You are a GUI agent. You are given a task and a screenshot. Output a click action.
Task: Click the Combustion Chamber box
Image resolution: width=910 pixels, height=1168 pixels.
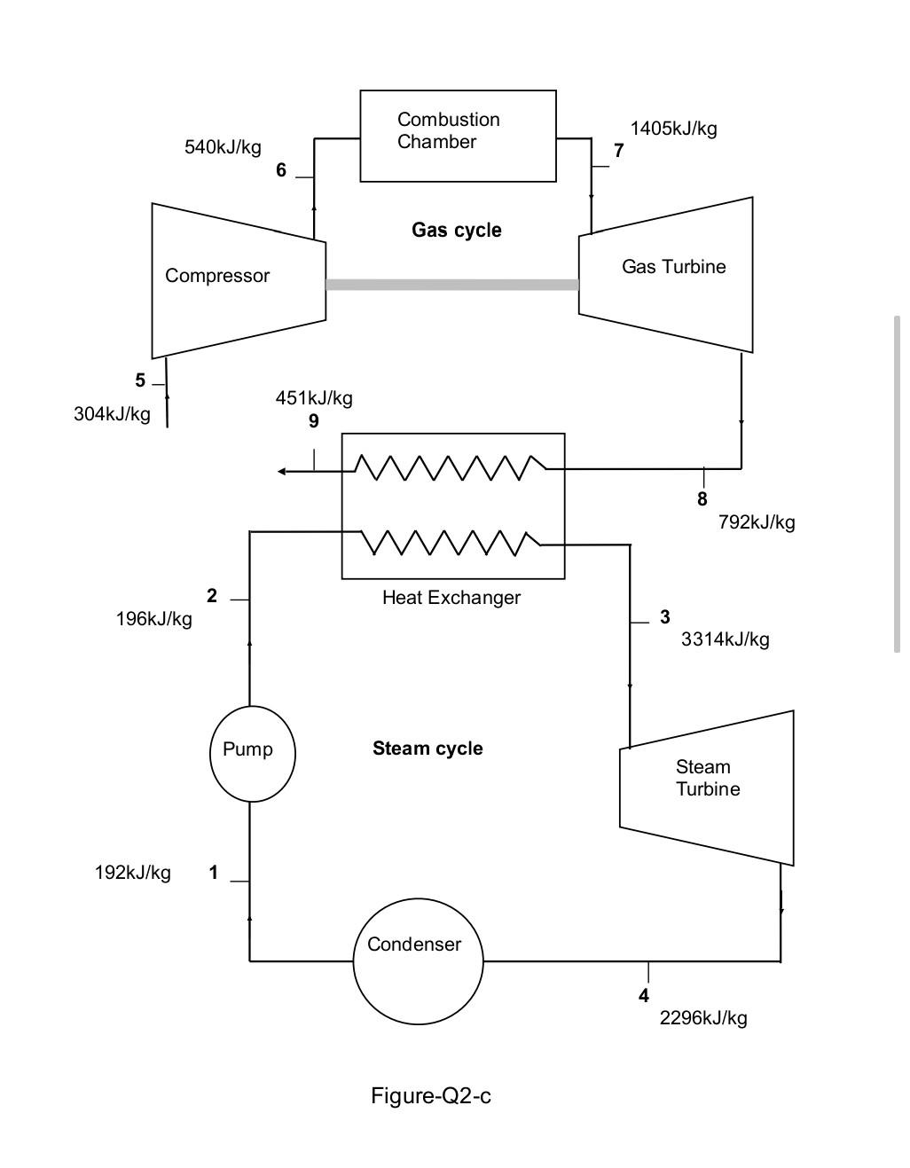point(458,136)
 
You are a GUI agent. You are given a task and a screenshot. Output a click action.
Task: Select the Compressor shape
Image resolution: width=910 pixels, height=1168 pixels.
point(238,280)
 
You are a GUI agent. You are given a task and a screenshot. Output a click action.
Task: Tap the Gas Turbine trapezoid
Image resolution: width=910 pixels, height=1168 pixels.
point(666,274)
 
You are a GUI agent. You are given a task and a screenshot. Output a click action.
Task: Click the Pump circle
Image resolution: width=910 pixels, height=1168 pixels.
point(252,753)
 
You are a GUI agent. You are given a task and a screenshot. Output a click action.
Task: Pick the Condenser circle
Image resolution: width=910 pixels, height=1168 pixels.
point(418,961)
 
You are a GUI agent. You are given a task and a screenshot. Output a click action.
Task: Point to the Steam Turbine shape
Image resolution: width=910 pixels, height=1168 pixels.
point(706,787)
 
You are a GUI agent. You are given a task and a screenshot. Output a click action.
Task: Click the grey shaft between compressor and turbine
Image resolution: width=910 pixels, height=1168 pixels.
point(451,285)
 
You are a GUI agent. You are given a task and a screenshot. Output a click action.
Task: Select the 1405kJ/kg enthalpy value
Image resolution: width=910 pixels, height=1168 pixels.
point(673,129)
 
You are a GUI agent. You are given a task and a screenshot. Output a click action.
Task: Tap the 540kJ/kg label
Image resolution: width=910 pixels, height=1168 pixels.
point(223,147)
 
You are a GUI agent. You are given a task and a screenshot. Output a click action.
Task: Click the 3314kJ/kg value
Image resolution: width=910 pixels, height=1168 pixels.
point(725,639)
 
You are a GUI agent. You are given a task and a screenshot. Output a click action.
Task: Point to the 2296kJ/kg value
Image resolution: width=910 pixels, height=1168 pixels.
point(702,1018)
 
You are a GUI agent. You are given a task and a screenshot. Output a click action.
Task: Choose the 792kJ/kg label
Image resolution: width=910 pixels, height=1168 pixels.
point(757,522)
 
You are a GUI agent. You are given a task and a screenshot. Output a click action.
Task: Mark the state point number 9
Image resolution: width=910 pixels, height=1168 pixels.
point(313,421)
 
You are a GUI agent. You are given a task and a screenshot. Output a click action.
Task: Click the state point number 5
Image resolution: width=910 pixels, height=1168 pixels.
point(140,380)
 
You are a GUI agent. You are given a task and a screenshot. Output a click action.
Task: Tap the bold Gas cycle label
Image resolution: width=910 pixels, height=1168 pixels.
point(456,231)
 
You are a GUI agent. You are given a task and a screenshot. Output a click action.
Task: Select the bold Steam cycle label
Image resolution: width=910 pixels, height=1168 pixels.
point(428,749)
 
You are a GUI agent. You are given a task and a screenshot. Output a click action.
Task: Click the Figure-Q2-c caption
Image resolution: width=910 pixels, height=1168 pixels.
point(430,1096)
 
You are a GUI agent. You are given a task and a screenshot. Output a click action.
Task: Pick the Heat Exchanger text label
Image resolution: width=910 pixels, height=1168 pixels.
point(451,598)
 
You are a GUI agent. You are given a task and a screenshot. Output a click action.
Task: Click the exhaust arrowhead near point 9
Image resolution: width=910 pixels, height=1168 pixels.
point(282,471)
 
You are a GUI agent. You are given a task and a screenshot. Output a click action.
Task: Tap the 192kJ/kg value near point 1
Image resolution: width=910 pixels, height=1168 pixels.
point(133,873)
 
